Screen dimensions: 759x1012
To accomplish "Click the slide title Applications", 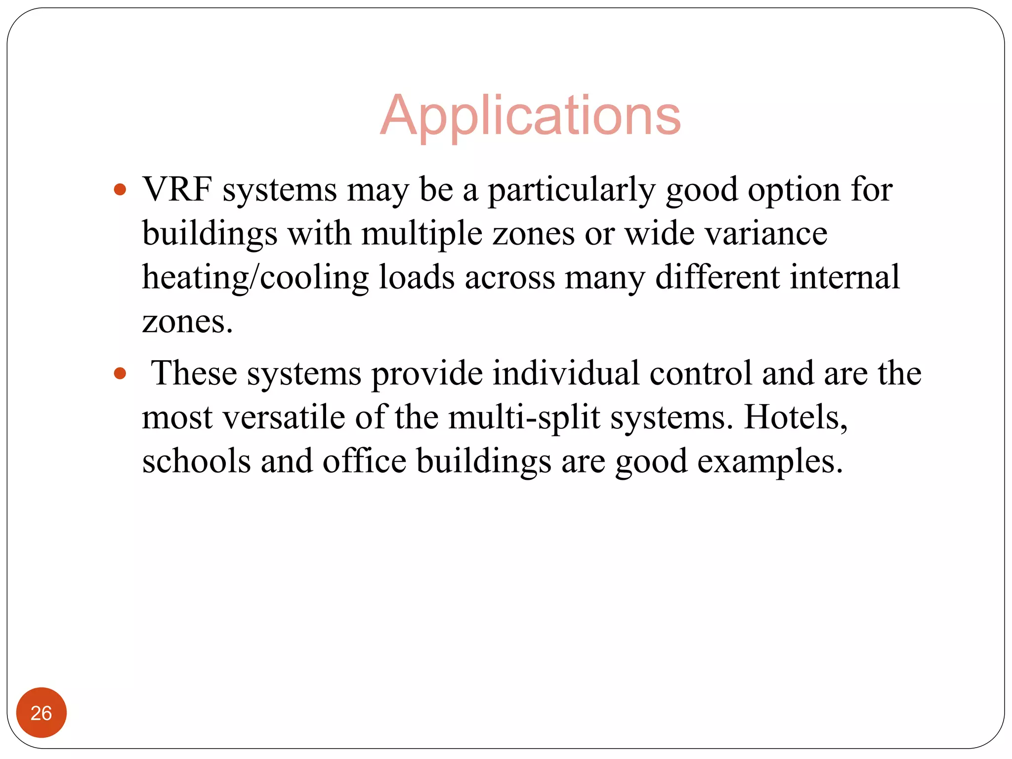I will pyautogui.click(x=530, y=116).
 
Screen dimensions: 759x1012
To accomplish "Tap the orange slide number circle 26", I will pyautogui.click(x=41, y=713).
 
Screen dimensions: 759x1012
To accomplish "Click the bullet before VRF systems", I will pyautogui.click(x=120, y=189).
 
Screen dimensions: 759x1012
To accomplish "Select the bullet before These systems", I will pyautogui.click(x=120, y=373).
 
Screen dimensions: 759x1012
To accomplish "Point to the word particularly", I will pyautogui.click(x=572, y=190).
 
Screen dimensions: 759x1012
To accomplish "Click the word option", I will pyautogui.click(x=794, y=190).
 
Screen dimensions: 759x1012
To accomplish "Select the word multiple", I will pyautogui.click(x=422, y=234).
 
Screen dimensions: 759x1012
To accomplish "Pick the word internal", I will pyautogui.click(x=844, y=277).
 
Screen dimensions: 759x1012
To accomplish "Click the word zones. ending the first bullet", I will pyautogui.click(x=187, y=322).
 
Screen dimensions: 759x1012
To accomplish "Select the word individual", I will pyautogui.click(x=566, y=373).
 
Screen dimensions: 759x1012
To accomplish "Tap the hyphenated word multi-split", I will pyautogui.click(x=524, y=418).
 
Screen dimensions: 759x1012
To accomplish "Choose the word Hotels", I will pyautogui.click(x=796, y=418).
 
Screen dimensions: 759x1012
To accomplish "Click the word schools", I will pyautogui.click(x=196, y=461).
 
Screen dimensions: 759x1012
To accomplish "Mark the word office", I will pyautogui.click(x=364, y=461).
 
